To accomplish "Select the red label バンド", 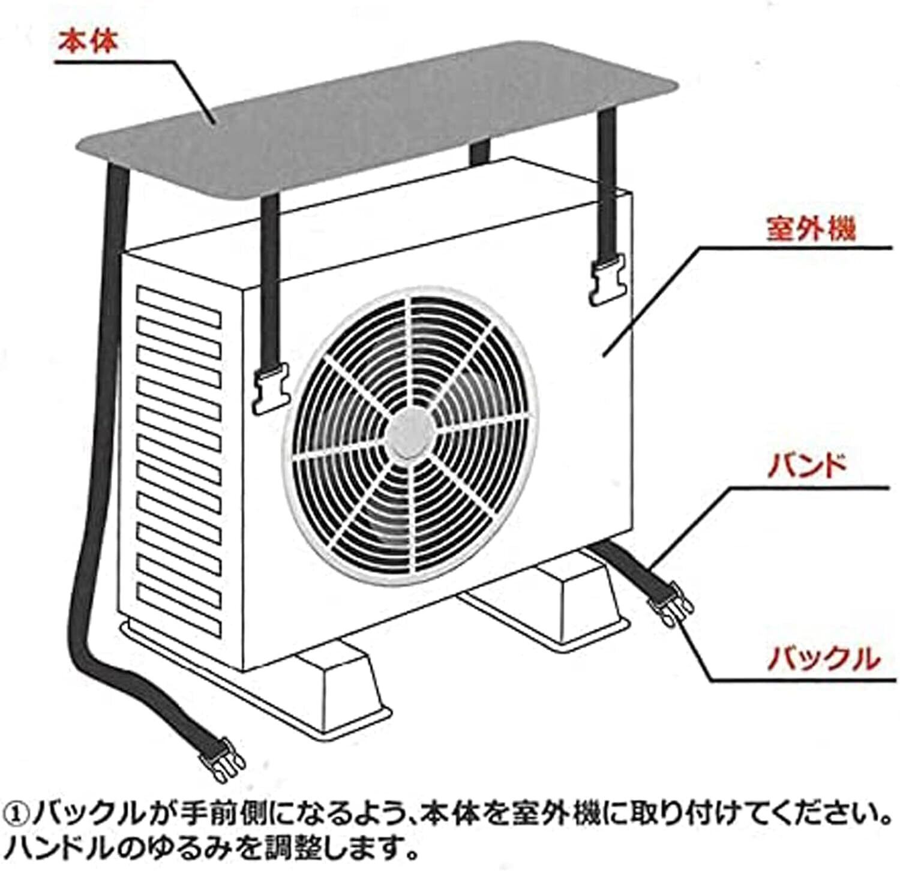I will click(808, 466).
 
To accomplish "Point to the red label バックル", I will click(824, 658).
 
